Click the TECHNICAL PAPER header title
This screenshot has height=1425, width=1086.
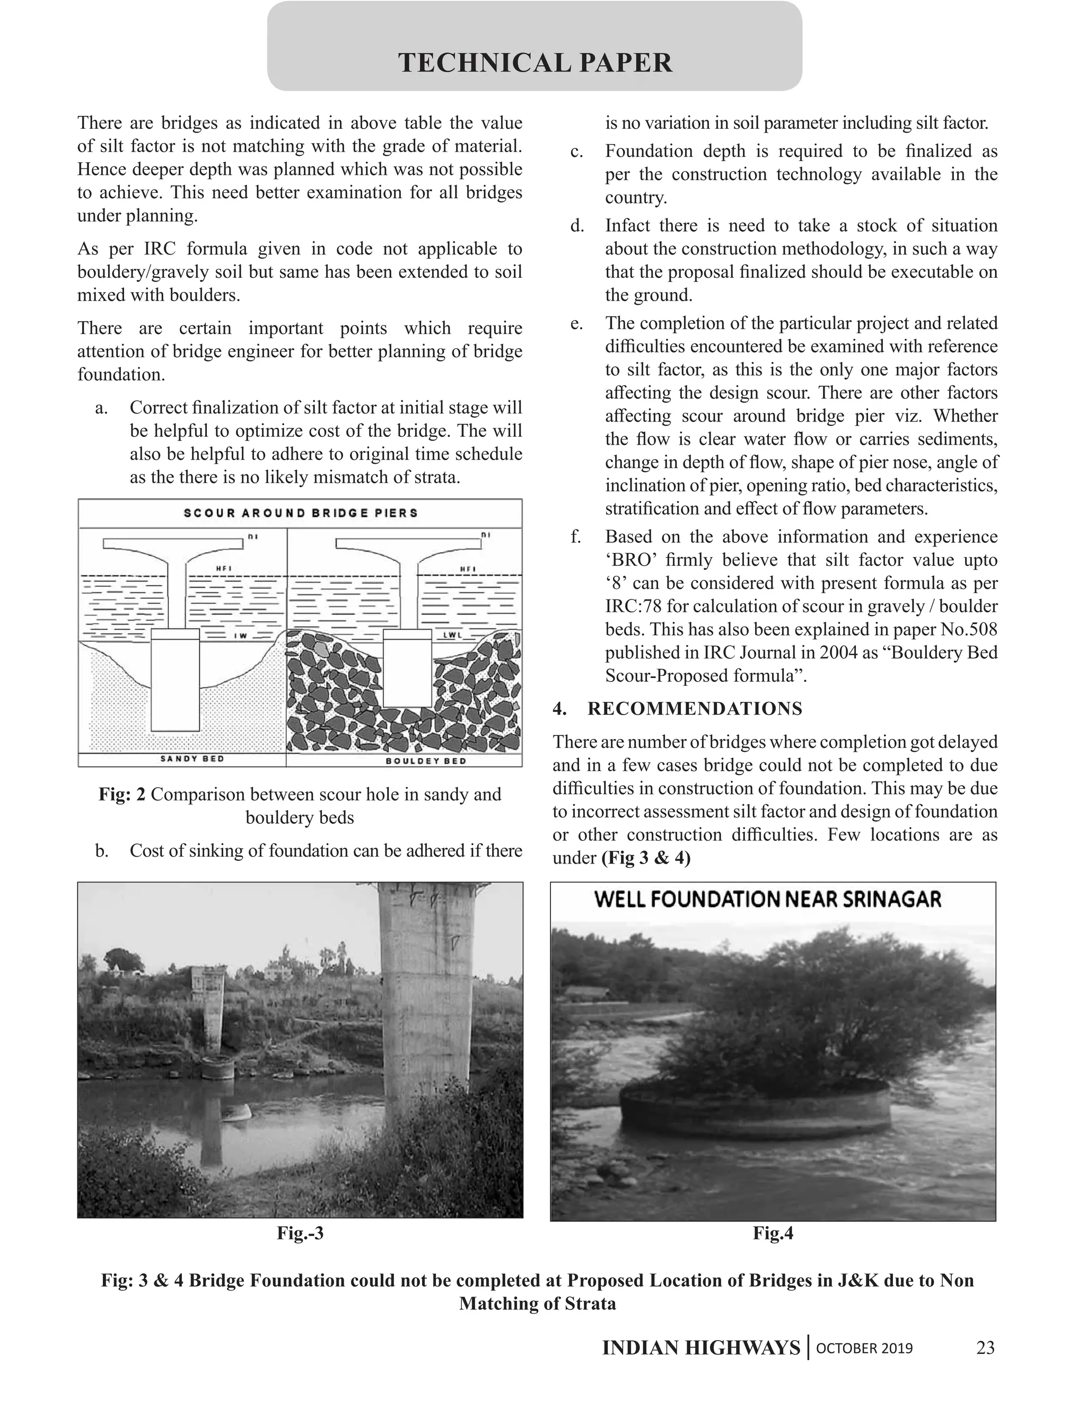[x=535, y=63]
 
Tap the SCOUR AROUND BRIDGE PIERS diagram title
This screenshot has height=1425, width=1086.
[x=301, y=513]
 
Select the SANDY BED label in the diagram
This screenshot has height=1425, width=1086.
[x=192, y=759]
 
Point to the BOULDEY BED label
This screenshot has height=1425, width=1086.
[x=426, y=761]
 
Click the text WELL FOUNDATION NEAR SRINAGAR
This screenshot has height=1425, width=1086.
[x=767, y=900]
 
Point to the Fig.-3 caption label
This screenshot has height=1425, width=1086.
[x=300, y=1233]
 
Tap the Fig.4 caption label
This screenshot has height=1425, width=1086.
[x=773, y=1233]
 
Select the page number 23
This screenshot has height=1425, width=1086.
[x=985, y=1348]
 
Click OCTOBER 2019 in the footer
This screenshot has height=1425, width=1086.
[x=864, y=1348]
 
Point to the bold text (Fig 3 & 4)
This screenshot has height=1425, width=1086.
[x=646, y=858]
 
